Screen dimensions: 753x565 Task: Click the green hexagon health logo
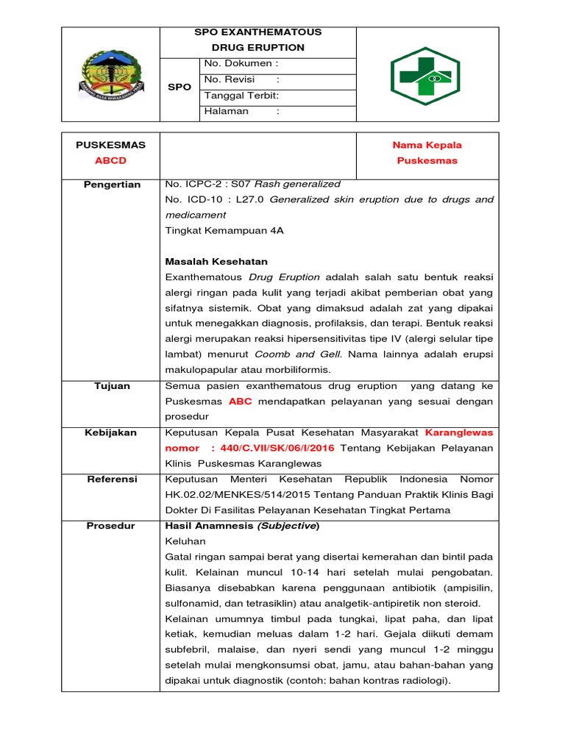click(427, 74)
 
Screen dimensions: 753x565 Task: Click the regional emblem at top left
click(110, 74)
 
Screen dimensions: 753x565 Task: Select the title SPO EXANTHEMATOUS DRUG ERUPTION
click(257, 40)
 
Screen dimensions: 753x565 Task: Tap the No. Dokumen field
click(241, 64)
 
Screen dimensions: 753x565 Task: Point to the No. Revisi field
click(241, 79)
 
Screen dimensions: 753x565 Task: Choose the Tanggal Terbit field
click(241, 96)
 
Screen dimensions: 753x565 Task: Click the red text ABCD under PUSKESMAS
click(110, 160)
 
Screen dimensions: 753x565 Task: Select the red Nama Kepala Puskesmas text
click(427, 153)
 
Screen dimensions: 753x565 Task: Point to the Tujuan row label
click(112, 385)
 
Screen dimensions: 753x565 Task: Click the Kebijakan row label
click(112, 432)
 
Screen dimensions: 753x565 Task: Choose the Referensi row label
click(112, 479)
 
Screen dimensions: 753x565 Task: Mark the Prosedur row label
click(112, 526)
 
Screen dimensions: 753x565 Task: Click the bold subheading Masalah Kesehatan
click(216, 261)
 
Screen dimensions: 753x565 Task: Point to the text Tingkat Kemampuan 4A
click(224, 230)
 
